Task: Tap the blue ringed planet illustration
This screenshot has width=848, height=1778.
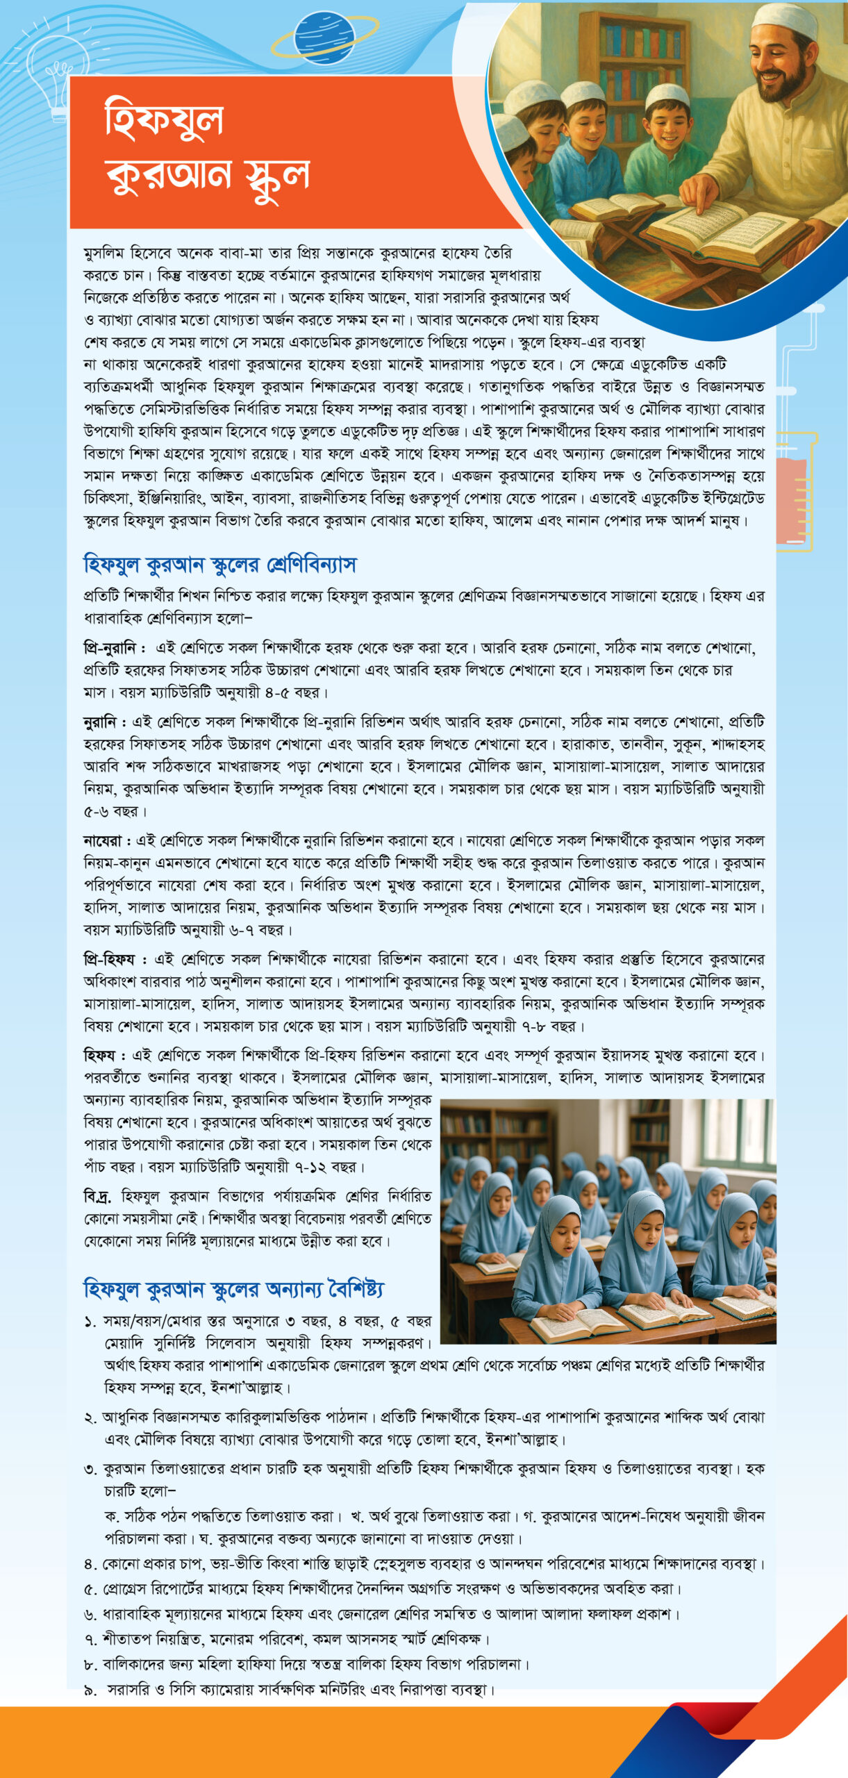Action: click(324, 38)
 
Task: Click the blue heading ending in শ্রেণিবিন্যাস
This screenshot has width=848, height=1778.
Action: click(219, 565)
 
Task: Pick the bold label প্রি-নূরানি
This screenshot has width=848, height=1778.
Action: click(110, 649)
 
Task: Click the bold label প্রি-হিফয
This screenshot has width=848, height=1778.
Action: click(110, 960)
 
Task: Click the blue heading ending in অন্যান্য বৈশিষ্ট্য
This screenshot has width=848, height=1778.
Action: click(233, 1290)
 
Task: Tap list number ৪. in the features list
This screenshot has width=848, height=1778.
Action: click(90, 1565)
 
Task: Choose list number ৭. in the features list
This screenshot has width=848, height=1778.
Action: click(90, 1640)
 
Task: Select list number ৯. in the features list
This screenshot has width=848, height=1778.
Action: click(90, 1690)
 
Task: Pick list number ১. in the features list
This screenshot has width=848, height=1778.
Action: click(90, 1322)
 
